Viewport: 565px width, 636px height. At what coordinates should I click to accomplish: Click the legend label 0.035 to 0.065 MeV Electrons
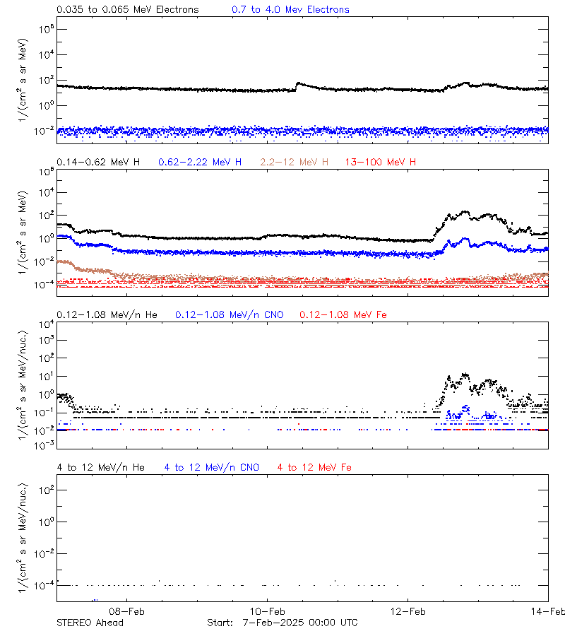pyautogui.click(x=127, y=10)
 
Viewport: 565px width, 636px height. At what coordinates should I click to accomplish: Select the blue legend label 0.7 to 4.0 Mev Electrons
pyautogui.click(x=290, y=10)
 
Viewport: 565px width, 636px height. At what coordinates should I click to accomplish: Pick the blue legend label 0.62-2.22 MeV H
pyautogui.click(x=200, y=163)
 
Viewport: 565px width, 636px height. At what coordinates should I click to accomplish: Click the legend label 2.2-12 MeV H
pyautogui.click(x=295, y=163)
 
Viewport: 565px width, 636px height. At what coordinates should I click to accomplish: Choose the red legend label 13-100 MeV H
pyautogui.click(x=381, y=163)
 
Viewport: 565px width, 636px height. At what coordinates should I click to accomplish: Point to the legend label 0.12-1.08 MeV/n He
pyautogui.click(x=109, y=314)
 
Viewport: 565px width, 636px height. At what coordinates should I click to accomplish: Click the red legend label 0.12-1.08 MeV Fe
pyautogui.click(x=343, y=314)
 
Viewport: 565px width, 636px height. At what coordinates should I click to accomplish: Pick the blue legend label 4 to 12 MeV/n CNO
pyautogui.click(x=211, y=467)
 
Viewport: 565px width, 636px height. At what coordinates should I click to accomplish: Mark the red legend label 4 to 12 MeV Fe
pyautogui.click(x=314, y=467)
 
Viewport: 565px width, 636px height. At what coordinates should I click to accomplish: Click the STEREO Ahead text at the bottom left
pyautogui.click(x=90, y=623)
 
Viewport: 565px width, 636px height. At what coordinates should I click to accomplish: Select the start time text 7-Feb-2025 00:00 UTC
pyautogui.click(x=299, y=623)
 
